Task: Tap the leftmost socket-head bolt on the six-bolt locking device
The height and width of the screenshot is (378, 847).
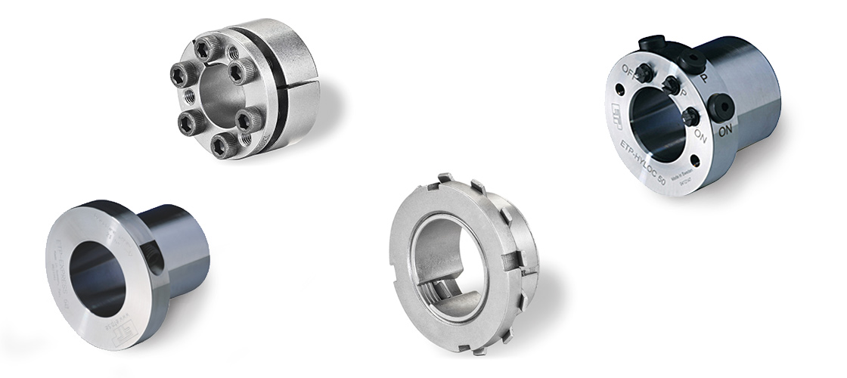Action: click(x=179, y=73)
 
